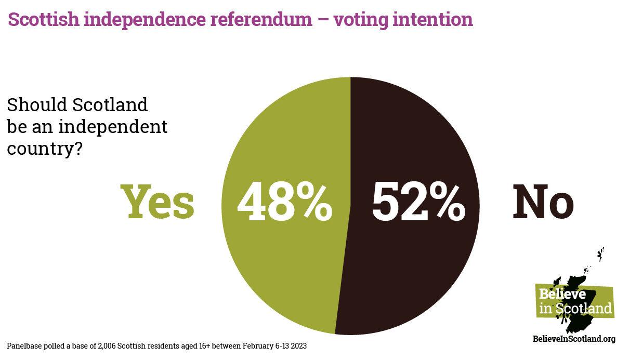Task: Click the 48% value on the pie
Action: click(x=284, y=202)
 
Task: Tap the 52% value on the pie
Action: click(x=418, y=202)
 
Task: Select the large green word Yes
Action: click(x=158, y=202)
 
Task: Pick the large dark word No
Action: click(x=543, y=202)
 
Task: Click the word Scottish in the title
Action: click(x=43, y=19)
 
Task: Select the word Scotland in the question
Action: click(x=110, y=104)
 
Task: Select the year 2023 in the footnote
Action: click(x=298, y=345)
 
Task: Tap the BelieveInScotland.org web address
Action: click(x=574, y=339)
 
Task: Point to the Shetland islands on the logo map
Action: click(x=601, y=254)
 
